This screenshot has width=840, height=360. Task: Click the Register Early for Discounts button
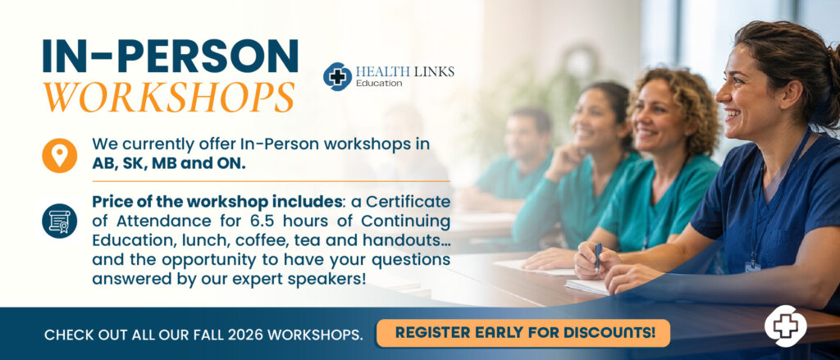point(523,333)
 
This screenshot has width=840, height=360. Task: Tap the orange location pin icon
point(59,155)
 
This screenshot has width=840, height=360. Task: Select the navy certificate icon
point(59,221)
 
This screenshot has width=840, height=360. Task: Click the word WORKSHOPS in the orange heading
point(169,97)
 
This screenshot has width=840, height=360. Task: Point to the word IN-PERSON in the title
point(171,57)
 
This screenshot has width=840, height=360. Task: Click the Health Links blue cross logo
point(337,76)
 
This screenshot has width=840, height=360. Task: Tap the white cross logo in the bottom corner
point(785,326)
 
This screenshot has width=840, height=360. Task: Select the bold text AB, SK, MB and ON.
point(169,163)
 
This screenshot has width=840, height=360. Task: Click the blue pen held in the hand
point(598,257)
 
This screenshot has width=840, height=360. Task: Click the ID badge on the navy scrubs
point(753,267)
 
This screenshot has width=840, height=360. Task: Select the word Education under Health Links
point(379,84)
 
